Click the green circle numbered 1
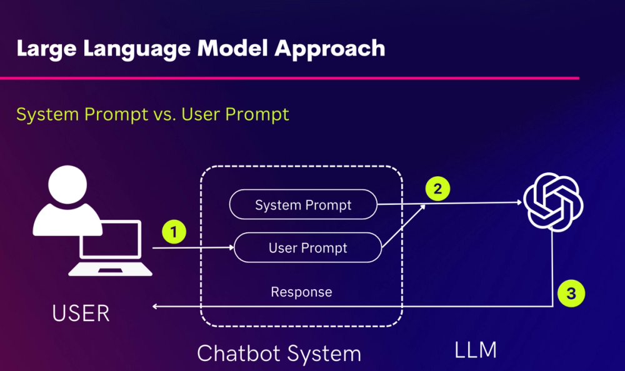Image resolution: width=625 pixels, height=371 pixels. [174, 232]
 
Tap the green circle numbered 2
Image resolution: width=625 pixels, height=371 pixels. [437, 189]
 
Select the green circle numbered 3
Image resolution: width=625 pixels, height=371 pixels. [571, 292]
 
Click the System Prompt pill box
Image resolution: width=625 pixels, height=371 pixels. [303, 205]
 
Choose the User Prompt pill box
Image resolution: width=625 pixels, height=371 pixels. [307, 248]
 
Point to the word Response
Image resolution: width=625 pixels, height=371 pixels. [301, 292]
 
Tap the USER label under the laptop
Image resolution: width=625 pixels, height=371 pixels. [81, 313]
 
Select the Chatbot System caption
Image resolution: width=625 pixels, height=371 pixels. [279, 354]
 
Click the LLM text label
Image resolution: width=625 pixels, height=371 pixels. [476, 350]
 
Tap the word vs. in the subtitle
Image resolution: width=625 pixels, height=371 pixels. [163, 115]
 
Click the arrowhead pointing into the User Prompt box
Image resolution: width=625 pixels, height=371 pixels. [230, 248]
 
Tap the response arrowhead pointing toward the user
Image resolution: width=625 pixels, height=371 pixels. [156, 306]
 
